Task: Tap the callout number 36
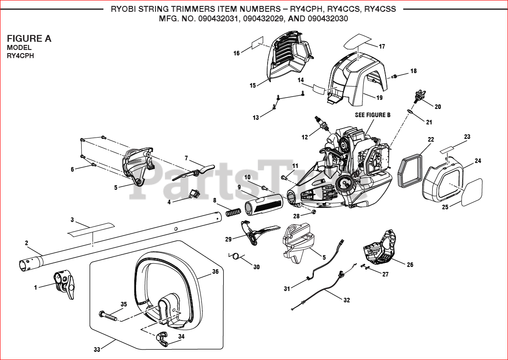tap(215, 272)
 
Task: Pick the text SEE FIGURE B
tap(372, 115)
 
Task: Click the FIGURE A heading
tap(29, 39)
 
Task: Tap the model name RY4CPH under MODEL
tap(20, 56)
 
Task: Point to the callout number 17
tap(382, 46)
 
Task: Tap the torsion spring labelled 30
tap(235, 256)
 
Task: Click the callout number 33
tap(97, 350)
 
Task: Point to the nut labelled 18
tap(395, 76)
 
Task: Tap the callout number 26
tap(410, 265)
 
